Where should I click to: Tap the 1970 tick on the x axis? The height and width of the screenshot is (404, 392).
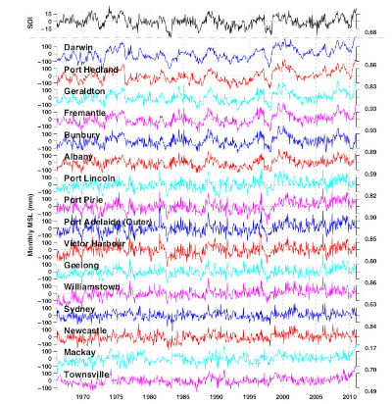click(82, 396)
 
